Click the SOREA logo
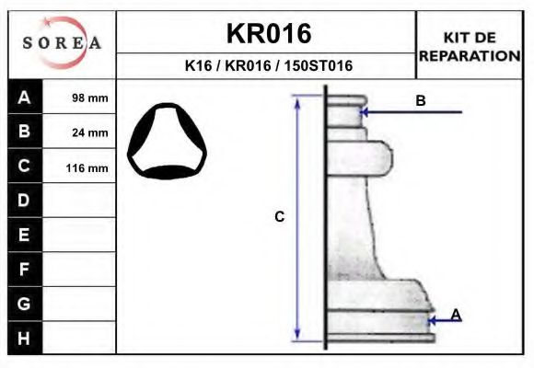coord(62,43)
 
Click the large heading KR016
coord(268,34)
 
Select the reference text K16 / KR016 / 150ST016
coord(268,66)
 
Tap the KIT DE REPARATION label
coord(470,46)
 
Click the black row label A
coord(24,98)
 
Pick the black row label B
coord(24,132)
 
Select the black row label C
coord(24,167)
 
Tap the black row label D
coord(24,201)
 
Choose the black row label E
coord(24,235)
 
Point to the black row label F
coord(24,269)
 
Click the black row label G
coord(24,303)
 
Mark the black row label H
coord(24,338)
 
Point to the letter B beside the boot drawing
coord(420,101)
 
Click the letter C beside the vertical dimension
coord(280,217)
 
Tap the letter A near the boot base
coord(456,315)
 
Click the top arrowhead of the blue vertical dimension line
coord(297,100)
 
